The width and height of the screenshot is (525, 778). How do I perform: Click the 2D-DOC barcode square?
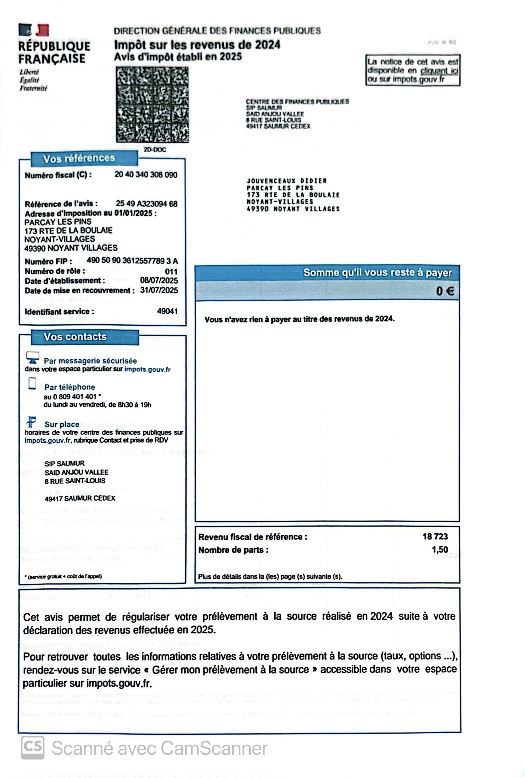tap(152, 105)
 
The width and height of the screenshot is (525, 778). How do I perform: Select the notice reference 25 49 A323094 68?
tap(146, 204)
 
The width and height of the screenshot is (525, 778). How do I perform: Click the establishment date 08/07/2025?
tap(159, 281)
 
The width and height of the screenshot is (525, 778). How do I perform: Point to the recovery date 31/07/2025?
tap(159, 290)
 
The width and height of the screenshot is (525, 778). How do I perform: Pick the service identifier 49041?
tap(167, 311)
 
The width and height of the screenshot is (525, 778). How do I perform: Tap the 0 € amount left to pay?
tap(445, 291)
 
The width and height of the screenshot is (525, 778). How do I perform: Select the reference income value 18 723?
tap(435, 537)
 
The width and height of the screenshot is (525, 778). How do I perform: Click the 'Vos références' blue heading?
tap(79, 158)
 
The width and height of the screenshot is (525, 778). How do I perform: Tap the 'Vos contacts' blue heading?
tap(75, 337)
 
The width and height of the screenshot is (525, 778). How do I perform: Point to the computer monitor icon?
tap(33, 357)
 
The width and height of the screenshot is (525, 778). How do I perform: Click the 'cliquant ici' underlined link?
tap(439, 71)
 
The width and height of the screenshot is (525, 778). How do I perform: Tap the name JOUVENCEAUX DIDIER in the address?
tap(286, 181)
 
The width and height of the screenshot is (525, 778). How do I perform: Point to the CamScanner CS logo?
tap(33, 748)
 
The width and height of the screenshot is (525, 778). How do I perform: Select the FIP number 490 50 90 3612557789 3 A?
tap(132, 261)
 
